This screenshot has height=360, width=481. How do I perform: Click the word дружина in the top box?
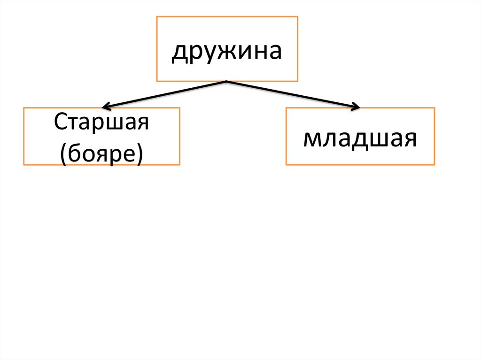226,51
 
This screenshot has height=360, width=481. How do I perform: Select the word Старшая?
101,123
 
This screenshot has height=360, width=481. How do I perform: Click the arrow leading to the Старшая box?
164,94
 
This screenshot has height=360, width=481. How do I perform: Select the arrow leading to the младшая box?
291,94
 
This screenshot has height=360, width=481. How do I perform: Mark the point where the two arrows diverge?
227,81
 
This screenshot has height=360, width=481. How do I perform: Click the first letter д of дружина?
178,53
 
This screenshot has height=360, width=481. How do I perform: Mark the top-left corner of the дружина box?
157,17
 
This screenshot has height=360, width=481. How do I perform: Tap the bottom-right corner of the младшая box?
434,165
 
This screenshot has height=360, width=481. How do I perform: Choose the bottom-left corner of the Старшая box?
24,165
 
